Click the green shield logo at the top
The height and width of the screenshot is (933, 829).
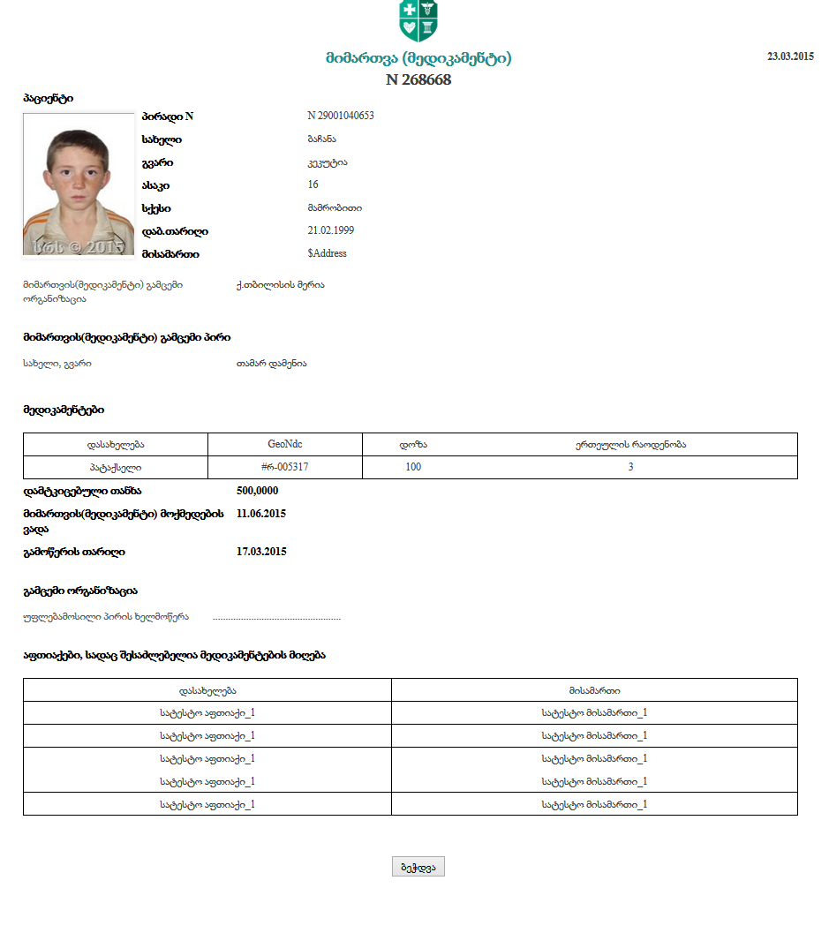418,21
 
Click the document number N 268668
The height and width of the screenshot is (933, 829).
418,79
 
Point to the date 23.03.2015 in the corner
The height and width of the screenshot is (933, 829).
790,56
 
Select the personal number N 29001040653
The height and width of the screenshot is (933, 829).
341,116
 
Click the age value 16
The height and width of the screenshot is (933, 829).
313,184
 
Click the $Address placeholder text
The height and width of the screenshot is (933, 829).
327,253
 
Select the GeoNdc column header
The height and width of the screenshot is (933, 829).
285,444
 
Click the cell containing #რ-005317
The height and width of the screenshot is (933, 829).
285,467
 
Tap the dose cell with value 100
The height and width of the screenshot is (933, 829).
413,467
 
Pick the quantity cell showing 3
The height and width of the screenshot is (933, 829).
630,467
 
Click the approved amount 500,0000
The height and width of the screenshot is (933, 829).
258,491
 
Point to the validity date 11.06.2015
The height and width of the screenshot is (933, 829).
261,514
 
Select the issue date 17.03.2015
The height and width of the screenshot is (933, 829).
261,552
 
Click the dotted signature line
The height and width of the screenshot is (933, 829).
276,617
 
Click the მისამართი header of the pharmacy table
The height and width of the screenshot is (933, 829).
594,690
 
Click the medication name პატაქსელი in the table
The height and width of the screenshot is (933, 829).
115,467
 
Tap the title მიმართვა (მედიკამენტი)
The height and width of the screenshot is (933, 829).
418,59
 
